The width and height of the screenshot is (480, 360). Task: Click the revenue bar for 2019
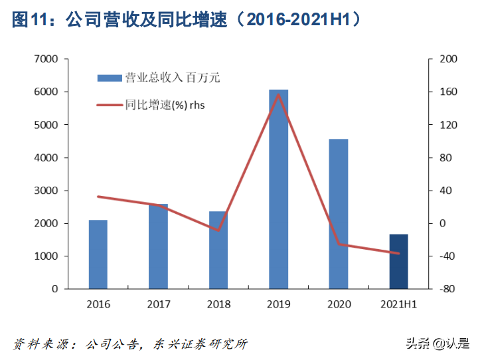point(278,189)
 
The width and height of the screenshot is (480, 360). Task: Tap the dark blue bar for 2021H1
point(398,262)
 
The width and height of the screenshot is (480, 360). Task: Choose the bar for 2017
point(158,246)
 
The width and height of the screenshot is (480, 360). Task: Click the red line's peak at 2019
point(278,94)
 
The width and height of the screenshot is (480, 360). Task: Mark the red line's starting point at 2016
point(98,197)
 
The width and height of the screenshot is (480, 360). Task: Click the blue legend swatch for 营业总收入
point(110,78)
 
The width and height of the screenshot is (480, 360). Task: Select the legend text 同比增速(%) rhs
point(166,104)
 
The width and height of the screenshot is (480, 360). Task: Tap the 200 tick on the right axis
point(449,59)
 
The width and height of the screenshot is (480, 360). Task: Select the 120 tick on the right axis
point(449,125)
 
